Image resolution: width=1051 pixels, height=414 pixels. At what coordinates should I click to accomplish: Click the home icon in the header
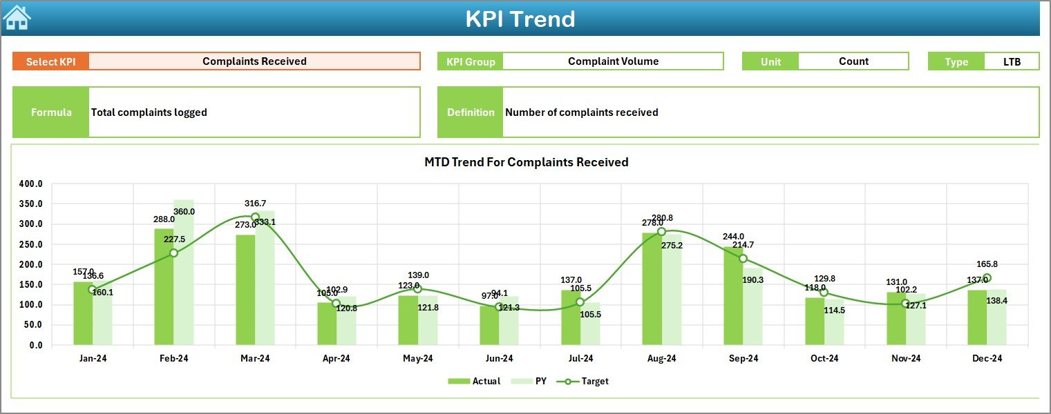click(17, 18)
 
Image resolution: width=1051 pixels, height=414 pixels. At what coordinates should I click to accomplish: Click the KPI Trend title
click(520, 19)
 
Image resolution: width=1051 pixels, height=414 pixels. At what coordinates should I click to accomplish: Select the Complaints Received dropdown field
click(254, 61)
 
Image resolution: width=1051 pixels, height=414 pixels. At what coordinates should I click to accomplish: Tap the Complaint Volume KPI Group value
click(613, 61)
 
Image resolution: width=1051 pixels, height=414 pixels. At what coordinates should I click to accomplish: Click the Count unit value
click(853, 61)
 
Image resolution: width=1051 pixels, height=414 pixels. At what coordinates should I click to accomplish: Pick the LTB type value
click(1012, 61)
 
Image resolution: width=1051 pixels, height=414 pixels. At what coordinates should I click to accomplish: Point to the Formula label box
click(51, 112)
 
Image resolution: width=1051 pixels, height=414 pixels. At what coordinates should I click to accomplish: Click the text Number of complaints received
click(581, 112)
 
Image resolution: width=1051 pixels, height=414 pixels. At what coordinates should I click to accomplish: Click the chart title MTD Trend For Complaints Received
click(526, 162)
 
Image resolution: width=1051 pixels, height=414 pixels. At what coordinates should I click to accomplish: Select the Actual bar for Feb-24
click(164, 286)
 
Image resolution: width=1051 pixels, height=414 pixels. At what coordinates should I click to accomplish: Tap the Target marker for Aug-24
click(661, 232)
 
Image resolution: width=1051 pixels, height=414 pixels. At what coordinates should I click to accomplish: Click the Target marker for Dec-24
click(987, 278)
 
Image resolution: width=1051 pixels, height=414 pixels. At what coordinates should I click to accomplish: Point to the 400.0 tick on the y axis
click(31, 184)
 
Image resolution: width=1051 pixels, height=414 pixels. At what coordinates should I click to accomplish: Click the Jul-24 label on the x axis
click(580, 359)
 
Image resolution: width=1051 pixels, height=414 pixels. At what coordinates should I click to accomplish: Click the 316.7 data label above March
click(255, 204)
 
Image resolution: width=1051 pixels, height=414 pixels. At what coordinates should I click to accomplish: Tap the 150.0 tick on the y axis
click(31, 285)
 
